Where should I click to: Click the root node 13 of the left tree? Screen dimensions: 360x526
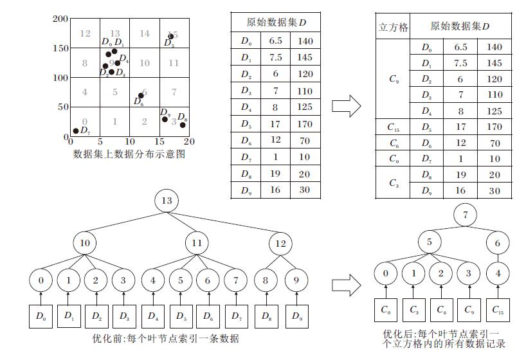(x=167, y=202)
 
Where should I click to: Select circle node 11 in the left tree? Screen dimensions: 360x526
(x=197, y=244)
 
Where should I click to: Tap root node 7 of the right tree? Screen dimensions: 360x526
(x=466, y=215)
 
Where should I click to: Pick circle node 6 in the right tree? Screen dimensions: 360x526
(x=498, y=243)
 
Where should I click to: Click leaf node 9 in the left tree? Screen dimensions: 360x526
(x=296, y=280)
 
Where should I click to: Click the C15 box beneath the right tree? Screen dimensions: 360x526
(x=498, y=310)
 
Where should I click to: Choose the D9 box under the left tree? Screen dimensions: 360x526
(x=296, y=316)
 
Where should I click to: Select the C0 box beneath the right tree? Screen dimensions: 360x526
(x=386, y=310)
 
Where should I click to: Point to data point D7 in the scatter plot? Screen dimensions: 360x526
(x=76, y=131)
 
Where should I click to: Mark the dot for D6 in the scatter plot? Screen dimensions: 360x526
(x=141, y=96)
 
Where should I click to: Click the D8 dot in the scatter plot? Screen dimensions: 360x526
(x=182, y=125)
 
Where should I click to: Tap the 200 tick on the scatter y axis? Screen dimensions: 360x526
(x=60, y=19)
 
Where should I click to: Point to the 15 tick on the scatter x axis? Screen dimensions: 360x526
(x=159, y=141)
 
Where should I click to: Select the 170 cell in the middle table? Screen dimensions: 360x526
(x=305, y=125)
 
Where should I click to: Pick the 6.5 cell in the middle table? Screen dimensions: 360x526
(x=276, y=41)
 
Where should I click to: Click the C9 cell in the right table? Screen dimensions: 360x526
(x=394, y=80)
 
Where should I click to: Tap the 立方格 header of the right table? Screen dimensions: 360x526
(x=394, y=27)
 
